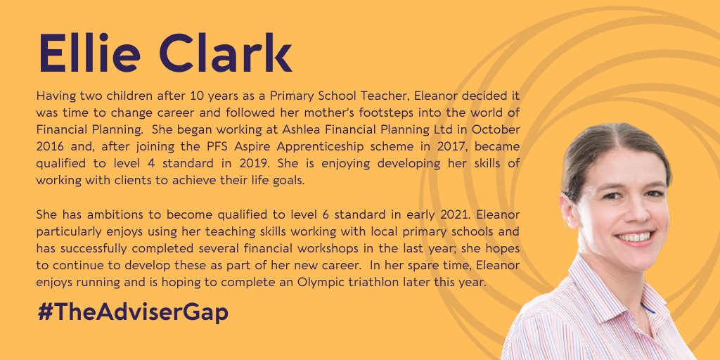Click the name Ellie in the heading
90,53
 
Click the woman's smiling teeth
636,237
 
